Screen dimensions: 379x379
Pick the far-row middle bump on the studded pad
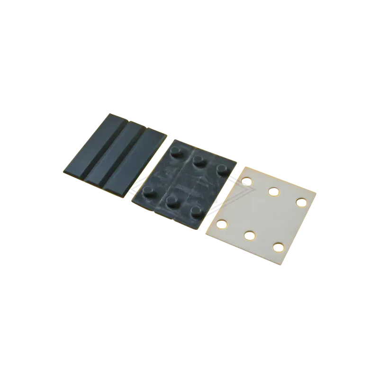[199, 160]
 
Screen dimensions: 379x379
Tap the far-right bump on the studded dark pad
[221, 169]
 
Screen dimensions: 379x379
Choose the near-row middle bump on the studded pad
[172, 201]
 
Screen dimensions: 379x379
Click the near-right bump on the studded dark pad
[195, 210]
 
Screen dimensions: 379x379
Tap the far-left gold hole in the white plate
[246, 180]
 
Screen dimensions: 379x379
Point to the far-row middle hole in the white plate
[273, 191]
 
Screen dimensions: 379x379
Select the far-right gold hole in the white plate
[300, 202]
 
